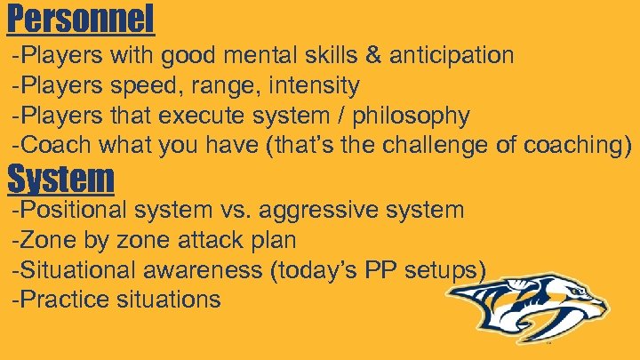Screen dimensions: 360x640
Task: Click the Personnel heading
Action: [x=81, y=19]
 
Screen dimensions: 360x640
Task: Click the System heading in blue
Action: [x=60, y=180]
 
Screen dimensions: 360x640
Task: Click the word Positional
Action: [x=72, y=211]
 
